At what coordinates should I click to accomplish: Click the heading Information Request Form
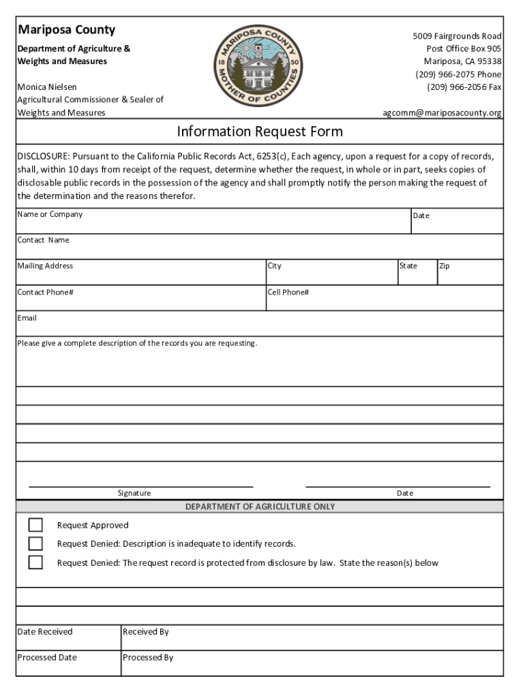tap(260, 131)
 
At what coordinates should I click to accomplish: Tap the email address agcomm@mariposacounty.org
tap(442, 113)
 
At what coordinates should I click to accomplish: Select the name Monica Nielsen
tap(47, 87)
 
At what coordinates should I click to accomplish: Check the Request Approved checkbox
tap(35, 525)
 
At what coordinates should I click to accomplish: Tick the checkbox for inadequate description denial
tap(35, 543)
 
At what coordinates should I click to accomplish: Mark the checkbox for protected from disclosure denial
tap(35, 562)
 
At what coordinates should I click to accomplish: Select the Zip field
tap(470, 275)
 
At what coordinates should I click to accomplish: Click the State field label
tap(408, 266)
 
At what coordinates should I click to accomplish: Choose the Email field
tap(259, 326)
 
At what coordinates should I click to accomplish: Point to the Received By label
tap(146, 632)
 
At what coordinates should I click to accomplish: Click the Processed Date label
tap(47, 658)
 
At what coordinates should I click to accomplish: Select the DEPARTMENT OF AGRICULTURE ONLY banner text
tap(260, 506)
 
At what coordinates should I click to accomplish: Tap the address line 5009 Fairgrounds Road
tap(457, 35)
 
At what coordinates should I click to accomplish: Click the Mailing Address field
tap(140, 275)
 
